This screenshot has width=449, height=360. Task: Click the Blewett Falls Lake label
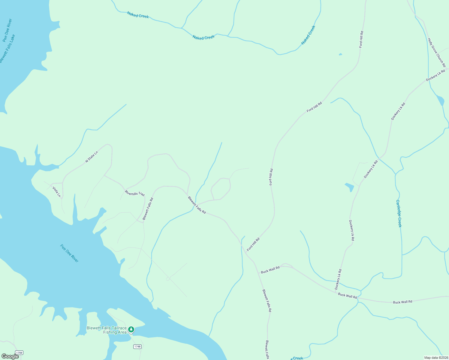8,49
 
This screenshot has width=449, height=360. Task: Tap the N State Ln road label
92,157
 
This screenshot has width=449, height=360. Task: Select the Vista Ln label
56,192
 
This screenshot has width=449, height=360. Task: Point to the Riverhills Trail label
135,193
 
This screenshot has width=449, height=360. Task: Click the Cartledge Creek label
399,214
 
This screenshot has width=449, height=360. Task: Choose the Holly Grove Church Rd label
437,52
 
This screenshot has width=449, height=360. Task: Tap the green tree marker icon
131,329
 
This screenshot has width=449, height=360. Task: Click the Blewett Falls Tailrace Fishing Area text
107,330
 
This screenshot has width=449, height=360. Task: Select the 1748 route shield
137,346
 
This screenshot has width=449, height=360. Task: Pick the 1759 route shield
19,352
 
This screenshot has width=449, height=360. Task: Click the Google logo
10,356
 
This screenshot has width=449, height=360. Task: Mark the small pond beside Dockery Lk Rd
350,187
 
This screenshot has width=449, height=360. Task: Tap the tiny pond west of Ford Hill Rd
340,54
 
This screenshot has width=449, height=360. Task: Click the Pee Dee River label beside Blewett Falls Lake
7,30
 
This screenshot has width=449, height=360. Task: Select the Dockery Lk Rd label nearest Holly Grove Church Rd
435,76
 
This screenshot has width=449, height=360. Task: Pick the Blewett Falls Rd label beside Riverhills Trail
148,209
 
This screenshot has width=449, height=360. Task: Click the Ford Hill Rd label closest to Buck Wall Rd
253,244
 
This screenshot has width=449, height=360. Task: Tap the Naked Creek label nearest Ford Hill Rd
308,35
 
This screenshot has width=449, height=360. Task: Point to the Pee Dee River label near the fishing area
69,253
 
